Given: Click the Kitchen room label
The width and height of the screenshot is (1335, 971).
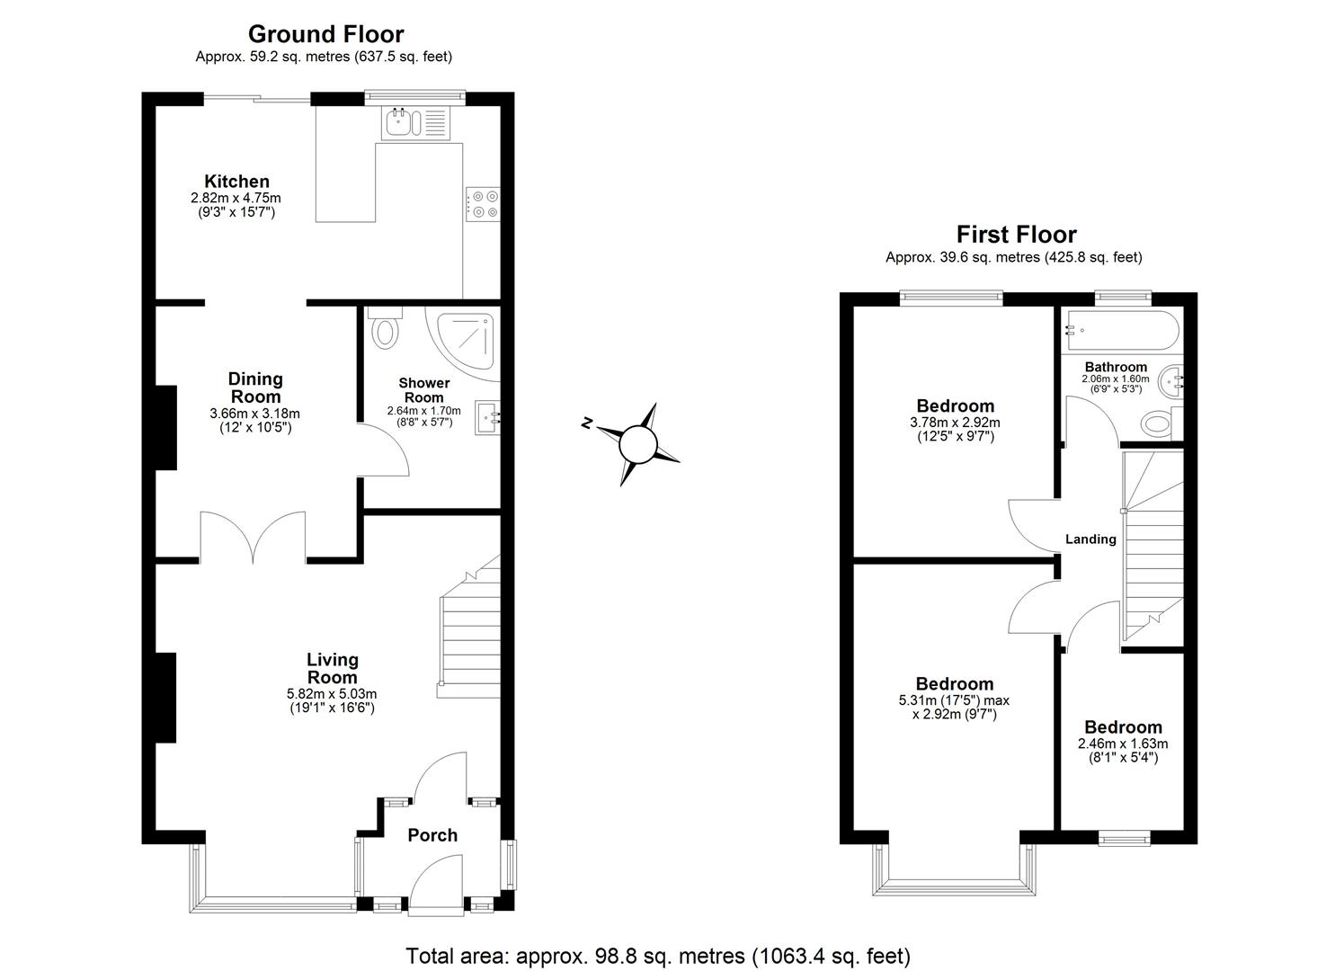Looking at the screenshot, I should pos(236,182).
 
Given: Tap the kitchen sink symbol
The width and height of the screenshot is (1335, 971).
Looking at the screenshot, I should pos(399,122).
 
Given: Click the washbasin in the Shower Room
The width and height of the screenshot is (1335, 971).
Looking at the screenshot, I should pos(489,416).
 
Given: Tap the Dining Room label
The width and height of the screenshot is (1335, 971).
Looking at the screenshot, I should pos(255,388).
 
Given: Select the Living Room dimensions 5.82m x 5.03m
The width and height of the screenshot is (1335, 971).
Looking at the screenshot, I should pos(332,693).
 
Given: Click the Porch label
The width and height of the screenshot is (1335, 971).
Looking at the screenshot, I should pos(432,835).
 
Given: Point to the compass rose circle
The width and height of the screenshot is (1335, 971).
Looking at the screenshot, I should pos(639,443).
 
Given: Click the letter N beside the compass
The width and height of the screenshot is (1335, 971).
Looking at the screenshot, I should pos(587,423).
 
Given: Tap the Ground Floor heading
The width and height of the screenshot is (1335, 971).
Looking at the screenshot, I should pos(325,34).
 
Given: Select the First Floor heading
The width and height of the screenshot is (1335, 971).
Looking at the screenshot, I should pos(1016,235).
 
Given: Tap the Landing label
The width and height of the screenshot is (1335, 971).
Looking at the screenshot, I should pos(1090,539).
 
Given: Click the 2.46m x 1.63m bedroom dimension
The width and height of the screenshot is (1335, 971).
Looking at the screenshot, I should pos(1123,744).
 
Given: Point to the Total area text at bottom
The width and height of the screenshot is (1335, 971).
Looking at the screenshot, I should pos(658,955).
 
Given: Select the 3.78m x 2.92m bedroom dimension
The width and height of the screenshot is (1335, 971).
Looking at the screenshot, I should pos(955,422).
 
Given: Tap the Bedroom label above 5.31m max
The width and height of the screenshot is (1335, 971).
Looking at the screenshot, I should pos(954,684).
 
